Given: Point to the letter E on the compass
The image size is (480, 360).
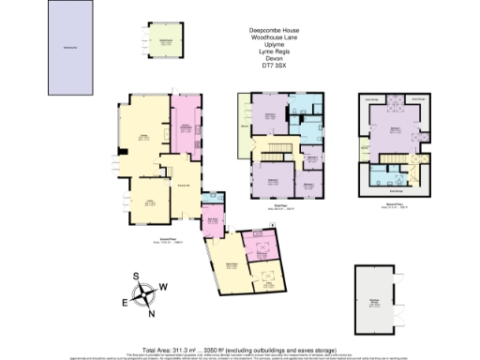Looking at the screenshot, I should [x=124, y=302].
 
